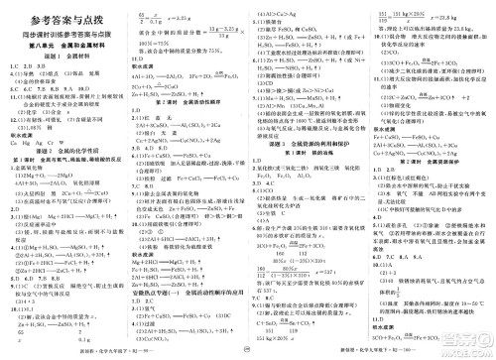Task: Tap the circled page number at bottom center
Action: [x=248, y=351]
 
